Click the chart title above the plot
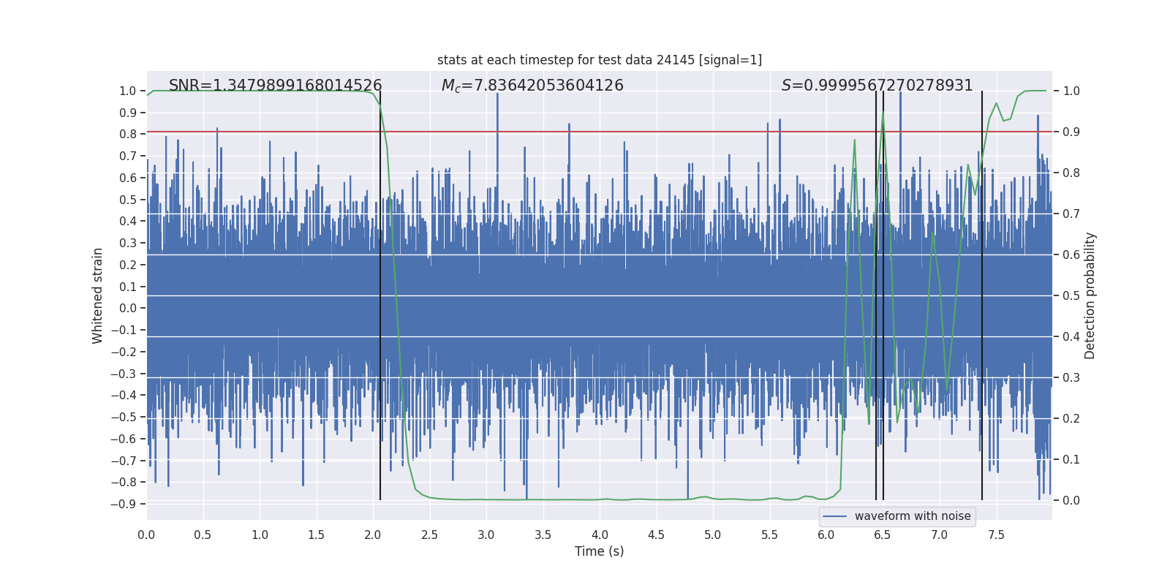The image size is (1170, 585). [x=599, y=60]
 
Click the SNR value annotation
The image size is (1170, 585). [x=275, y=86]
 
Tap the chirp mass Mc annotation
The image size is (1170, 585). [x=532, y=86]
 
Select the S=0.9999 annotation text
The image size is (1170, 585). [x=877, y=86]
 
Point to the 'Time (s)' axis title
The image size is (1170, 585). [x=599, y=551]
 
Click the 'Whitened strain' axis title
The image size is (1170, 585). [x=98, y=295]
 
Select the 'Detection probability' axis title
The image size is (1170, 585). [x=1090, y=295]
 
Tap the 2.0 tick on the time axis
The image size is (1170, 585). [x=373, y=535]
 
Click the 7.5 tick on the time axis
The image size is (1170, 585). [x=996, y=535]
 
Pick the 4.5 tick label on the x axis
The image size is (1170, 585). [x=656, y=535]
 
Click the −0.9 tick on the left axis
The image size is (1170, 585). [x=124, y=504]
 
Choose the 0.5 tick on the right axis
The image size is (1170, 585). [x=1071, y=296]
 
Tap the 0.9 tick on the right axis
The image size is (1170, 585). [x=1071, y=132]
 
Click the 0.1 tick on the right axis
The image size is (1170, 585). [x=1071, y=460]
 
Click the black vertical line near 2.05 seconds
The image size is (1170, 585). [x=380, y=292]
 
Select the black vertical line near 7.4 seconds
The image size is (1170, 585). [x=982, y=292]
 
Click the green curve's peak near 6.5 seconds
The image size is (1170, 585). [x=883, y=111]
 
